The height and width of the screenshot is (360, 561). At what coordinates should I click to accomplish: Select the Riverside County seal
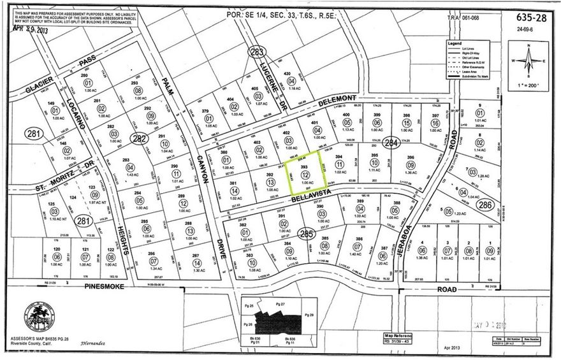click(38, 316)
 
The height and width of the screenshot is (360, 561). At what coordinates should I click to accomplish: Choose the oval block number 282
click(138, 138)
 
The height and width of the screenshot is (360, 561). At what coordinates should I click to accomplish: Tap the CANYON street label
click(205, 170)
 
